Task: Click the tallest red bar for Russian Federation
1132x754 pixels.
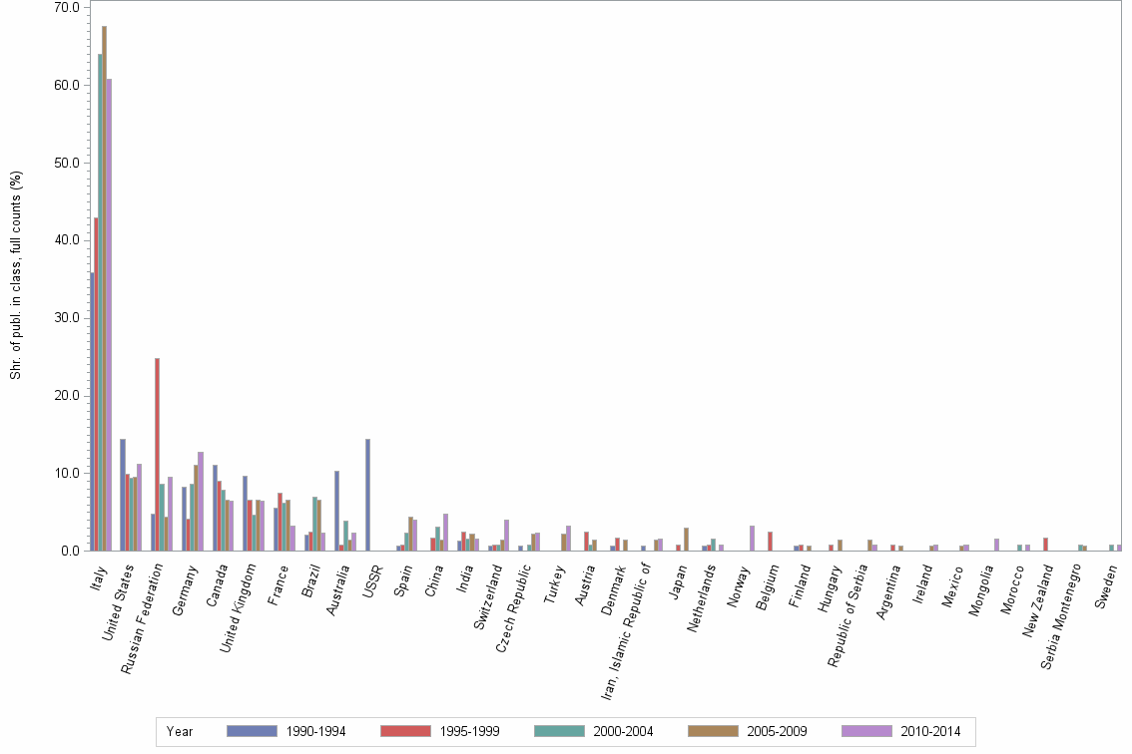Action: (158, 454)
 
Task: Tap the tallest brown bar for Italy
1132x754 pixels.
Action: (105, 289)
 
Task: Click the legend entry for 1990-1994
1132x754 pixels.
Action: (285, 731)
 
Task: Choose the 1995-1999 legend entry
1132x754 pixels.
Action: (439, 731)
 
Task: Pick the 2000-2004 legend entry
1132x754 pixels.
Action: (593, 731)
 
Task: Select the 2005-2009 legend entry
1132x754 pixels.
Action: (747, 731)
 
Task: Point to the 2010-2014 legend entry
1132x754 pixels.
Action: (900, 731)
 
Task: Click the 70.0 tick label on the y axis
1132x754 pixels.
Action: (67, 8)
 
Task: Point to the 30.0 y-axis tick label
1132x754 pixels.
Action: (67, 318)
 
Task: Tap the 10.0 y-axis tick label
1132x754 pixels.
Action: (67, 473)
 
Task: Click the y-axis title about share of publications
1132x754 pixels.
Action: (16, 274)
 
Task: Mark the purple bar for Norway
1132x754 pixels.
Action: (751, 538)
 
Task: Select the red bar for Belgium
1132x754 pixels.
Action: (770, 541)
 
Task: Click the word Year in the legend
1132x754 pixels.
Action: (180, 731)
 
